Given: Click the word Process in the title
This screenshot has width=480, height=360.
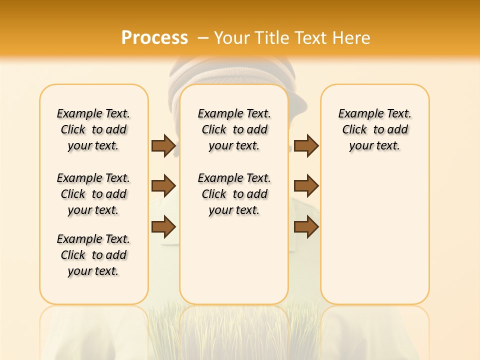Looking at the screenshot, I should pyautogui.click(x=154, y=38).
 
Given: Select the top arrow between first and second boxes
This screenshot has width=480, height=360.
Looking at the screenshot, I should pyautogui.click(x=163, y=145).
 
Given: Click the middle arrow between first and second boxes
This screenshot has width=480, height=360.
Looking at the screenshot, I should pyautogui.click(x=163, y=186).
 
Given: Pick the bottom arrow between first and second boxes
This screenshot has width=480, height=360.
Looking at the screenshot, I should pyautogui.click(x=163, y=226).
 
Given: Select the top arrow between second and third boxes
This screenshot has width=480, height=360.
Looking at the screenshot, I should pyautogui.click(x=306, y=145).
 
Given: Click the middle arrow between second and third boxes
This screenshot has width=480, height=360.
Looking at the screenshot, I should pyautogui.click(x=306, y=186).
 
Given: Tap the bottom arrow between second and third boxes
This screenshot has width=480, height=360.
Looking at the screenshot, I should pyautogui.click(x=306, y=226).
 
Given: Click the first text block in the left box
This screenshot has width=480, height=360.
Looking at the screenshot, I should pyautogui.click(x=93, y=129).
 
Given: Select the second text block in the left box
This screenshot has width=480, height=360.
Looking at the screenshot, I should pyautogui.click(x=93, y=194).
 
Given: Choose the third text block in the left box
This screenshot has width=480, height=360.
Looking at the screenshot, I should pyautogui.click(x=93, y=255).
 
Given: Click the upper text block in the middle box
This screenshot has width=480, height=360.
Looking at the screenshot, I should pyautogui.click(x=234, y=129).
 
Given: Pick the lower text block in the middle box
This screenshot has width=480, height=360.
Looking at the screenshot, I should pyautogui.click(x=234, y=194).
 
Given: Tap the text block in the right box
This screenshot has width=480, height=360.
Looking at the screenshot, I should pyautogui.click(x=374, y=129).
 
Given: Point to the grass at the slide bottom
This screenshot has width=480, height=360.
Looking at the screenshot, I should pyautogui.click(x=234, y=332).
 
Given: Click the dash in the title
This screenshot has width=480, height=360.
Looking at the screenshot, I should pyautogui.click(x=203, y=38).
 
